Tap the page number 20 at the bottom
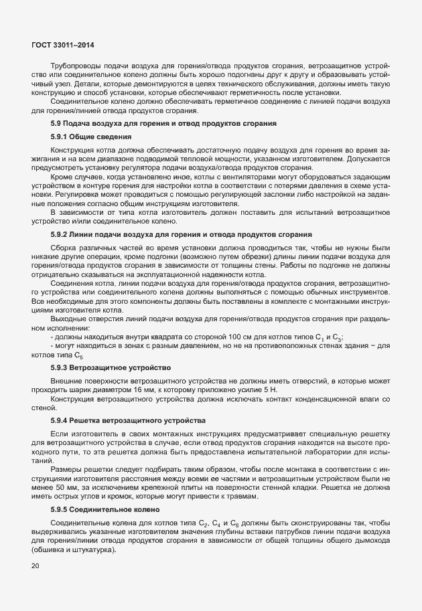click(x=35, y=566)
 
